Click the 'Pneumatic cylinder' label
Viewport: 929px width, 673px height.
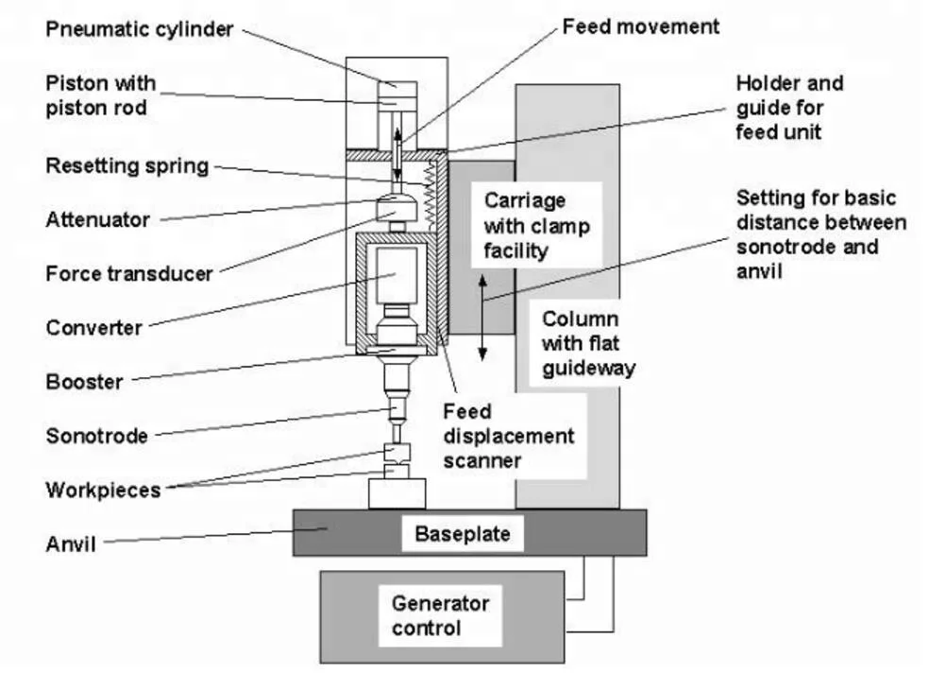point(140,29)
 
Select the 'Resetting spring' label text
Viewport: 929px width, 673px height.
point(127,165)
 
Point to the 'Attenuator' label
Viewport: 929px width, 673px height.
point(98,219)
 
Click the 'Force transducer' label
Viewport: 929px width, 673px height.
point(129,273)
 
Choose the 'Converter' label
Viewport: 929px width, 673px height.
point(94,327)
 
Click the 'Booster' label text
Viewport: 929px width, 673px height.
point(85,381)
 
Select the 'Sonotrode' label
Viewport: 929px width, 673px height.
point(97,436)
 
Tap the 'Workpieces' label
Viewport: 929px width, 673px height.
point(103,490)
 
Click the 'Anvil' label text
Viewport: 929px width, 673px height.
point(71,544)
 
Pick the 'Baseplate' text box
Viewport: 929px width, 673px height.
point(463,534)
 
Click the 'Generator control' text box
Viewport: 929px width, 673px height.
point(440,615)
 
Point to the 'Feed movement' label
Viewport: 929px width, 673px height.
point(640,26)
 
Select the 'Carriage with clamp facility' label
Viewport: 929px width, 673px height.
point(536,225)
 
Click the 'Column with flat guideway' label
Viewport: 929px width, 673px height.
point(588,343)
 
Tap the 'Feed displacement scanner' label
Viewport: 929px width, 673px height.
point(508,436)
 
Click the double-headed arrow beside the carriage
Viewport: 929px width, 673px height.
point(482,318)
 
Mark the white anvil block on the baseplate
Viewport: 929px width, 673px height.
point(397,493)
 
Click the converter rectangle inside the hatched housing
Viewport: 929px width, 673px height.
point(397,274)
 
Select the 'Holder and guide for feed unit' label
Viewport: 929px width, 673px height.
point(790,108)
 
